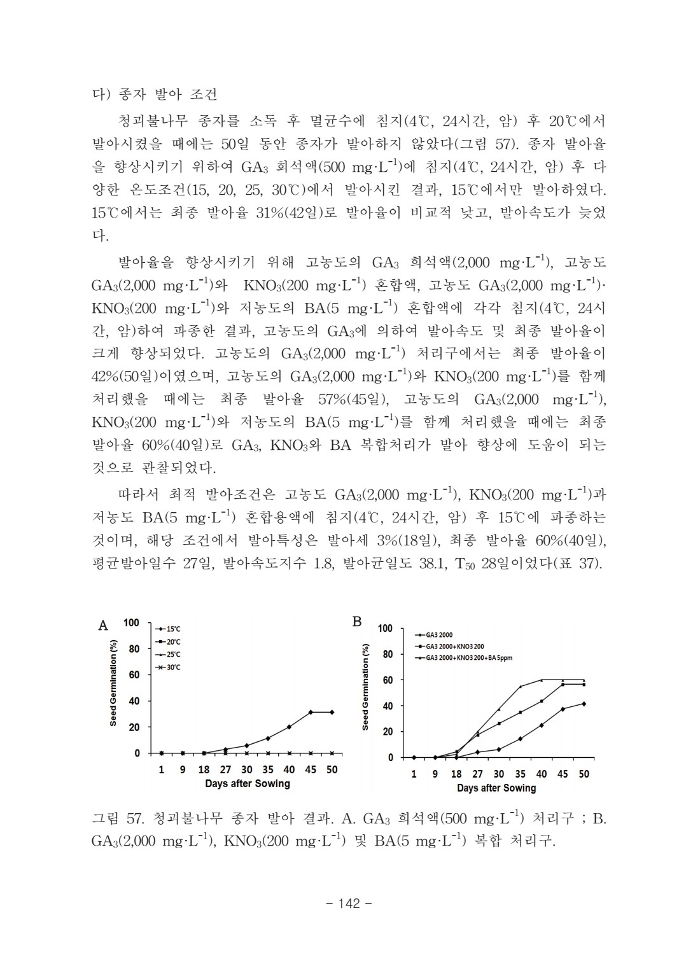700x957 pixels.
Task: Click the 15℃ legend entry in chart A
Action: click(x=169, y=629)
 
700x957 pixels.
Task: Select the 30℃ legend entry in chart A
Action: click(x=169, y=667)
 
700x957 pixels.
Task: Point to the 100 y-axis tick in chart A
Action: click(x=132, y=622)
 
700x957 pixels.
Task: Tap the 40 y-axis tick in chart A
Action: click(x=134, y=701)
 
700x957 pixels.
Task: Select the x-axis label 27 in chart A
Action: click(x=225, y=769)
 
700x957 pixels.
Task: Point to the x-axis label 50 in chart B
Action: click(x=584, y=774)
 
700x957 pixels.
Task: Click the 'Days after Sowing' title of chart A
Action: click(x=247, y=783)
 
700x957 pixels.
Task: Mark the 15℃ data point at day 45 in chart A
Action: click(x=311, y=712)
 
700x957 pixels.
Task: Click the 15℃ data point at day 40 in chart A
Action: click(x=289, y=727)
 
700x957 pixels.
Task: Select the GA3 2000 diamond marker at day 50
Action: click(x=584, y=704)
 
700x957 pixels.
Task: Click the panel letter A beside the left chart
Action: click(x=102, y=625)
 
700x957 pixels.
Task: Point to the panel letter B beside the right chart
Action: click(x=358, y=622)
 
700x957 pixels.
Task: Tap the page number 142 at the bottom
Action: click(x=349, y=904)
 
